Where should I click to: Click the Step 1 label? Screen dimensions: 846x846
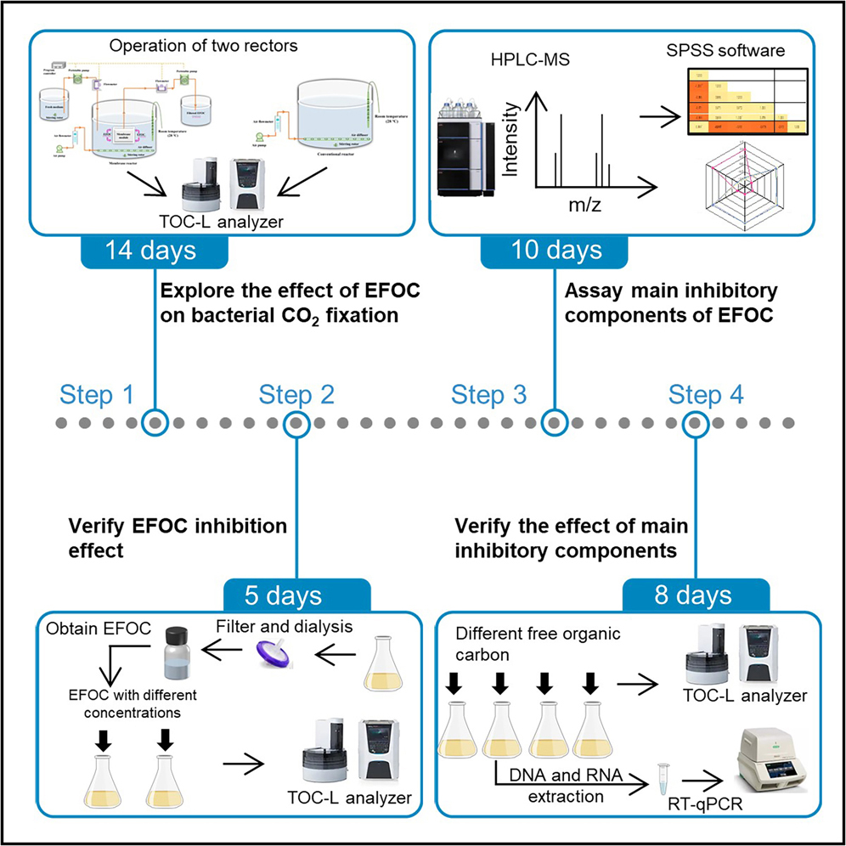[x=98, y=395]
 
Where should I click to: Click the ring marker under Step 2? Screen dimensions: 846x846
[x=296, y=422]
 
